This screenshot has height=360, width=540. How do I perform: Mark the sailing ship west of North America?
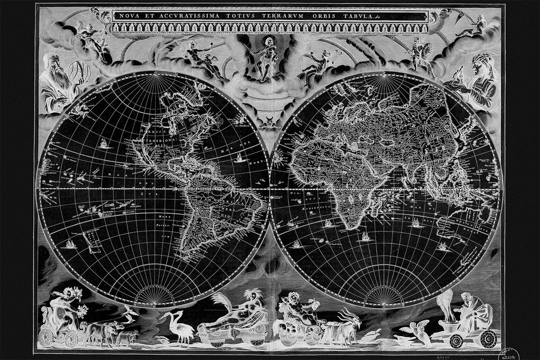[102, 143]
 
